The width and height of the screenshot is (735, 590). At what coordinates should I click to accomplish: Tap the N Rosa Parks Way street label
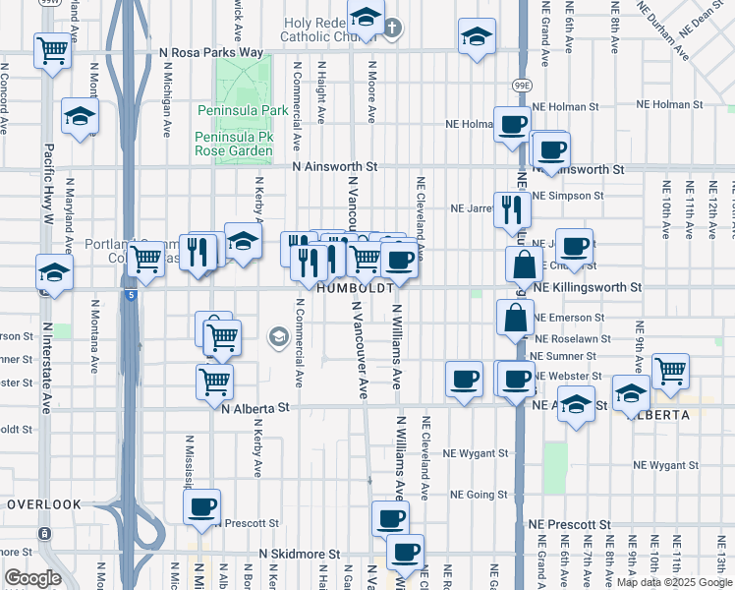212,52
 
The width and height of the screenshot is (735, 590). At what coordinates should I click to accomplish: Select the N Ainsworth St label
334,168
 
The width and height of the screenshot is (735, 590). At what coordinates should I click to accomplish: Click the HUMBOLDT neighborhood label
355,289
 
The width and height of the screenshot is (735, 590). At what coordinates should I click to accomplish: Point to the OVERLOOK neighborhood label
43,504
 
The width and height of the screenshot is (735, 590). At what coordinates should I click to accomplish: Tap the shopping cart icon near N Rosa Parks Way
53,50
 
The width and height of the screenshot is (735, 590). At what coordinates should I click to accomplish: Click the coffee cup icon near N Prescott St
202,507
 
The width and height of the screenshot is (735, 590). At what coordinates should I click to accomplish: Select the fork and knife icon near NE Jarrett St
512,207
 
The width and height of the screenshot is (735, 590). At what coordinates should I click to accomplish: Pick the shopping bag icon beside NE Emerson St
516,318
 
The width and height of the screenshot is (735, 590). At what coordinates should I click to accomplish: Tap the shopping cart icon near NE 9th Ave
670,371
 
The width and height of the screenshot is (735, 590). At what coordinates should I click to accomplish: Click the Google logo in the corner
31,578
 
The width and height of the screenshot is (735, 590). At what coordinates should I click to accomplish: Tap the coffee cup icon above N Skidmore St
390,517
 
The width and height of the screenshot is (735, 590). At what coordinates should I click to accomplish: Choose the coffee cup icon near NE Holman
511,125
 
